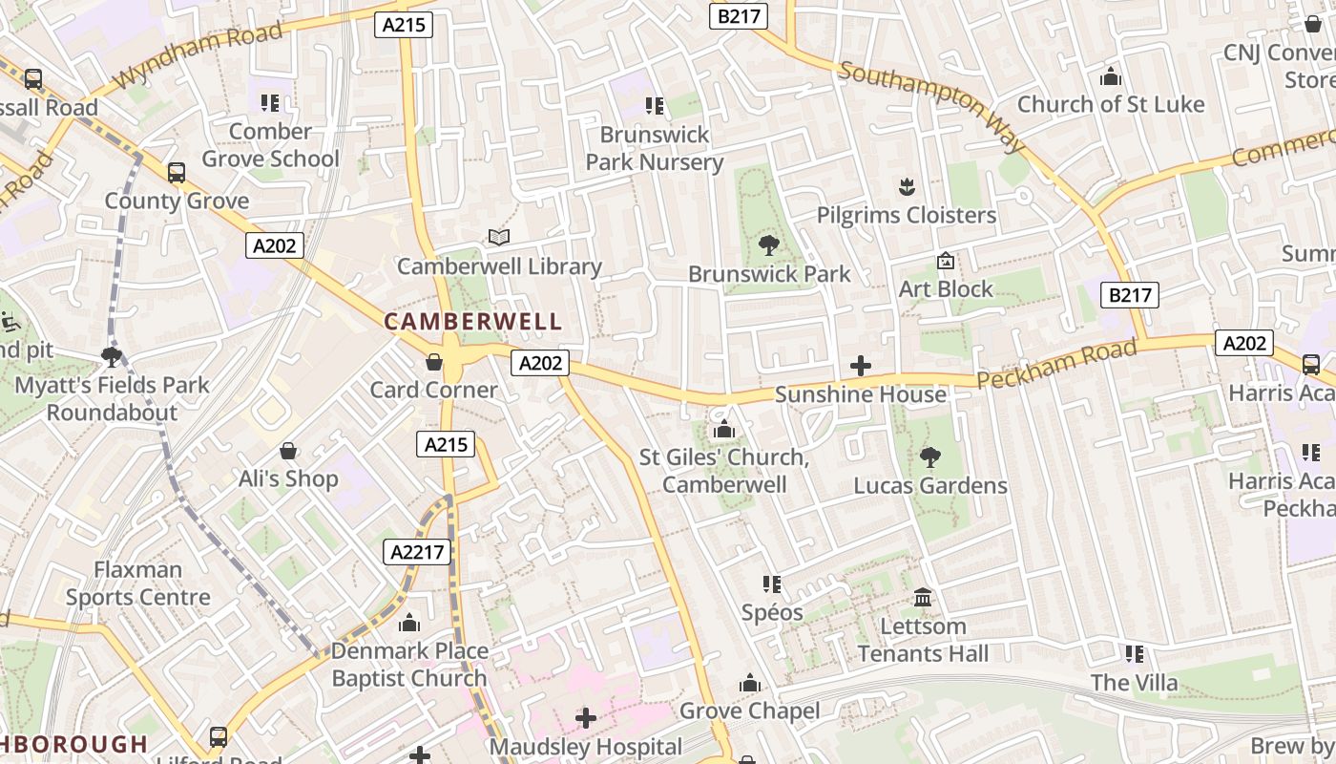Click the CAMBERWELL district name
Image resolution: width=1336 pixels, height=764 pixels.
pyautogui.click(x=473, y=322)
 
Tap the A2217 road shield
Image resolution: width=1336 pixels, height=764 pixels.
pyautogui.click(x=417, y=551)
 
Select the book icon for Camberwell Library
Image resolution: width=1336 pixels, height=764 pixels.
pyautogui.click(x=499, y=237)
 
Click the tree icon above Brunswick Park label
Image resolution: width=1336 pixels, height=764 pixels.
pyautogui.click(x=768, y=245)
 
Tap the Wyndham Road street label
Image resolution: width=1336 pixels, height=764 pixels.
pyautogui.click(x=199, y=54)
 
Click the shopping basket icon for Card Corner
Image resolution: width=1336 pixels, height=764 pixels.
pyautogui.click(x=434, y=362)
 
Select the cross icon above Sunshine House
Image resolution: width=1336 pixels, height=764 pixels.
pyautogui.click(x=861, y=365)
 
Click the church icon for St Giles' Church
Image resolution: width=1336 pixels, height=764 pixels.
pyautogui.click(x=723, y=430)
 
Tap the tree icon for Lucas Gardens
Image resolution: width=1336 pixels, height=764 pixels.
pyautogui.click(x=929, y=457)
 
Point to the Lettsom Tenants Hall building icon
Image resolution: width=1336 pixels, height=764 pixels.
pyautogui.click(x=923, y=598)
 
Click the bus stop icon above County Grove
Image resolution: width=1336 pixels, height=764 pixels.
pyautogui.click(x=177, y=173)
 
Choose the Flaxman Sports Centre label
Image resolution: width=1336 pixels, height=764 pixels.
pyautogui.click(x=138, y=584)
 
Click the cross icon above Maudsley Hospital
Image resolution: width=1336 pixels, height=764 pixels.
pyautogui.click(x=586, y=717)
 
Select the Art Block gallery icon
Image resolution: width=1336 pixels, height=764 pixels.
pyautogui.click(x=946, y=261)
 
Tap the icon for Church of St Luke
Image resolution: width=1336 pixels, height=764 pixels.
pyautogui.click(x=1111, y=76)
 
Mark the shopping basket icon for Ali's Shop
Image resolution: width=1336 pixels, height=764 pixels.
pyautogui.click(x=288, y=451)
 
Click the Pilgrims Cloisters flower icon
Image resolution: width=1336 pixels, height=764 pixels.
pyautogui.click(x=907, y=186)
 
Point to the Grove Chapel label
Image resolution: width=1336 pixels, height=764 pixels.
pyautogui.click(x=749, y=711)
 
